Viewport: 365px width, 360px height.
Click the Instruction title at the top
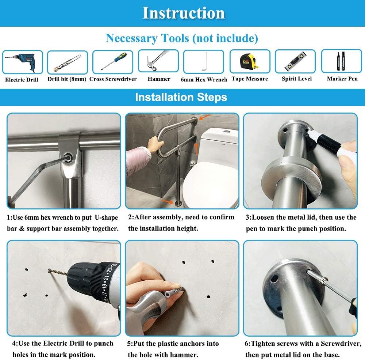point(183,13)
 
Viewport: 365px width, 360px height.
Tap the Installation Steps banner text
point(181,97)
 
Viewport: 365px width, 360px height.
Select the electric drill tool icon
point(23,62)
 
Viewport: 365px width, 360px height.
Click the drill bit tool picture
point(68,62)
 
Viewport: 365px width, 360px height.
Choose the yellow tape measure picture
point(250,61)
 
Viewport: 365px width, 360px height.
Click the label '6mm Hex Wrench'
point(204,79)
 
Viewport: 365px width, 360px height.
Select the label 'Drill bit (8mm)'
point(67,79)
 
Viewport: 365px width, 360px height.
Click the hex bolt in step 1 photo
point(68,157)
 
